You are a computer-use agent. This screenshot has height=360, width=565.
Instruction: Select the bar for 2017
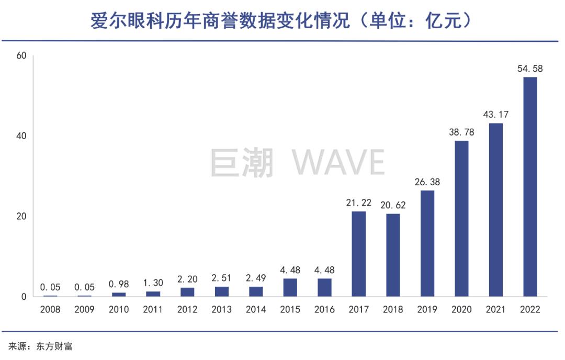pos(358,254)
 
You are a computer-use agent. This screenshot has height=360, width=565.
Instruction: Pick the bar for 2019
pos(427,243)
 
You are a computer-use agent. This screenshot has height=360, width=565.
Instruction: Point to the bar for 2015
pos(290,287)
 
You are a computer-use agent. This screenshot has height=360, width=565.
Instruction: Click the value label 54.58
pos(530,69)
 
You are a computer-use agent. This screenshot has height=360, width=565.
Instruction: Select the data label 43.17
pos(495,115)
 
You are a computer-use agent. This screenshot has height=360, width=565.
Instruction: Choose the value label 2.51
pos(221,278)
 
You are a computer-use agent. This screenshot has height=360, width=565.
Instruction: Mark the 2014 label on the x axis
pos(255,309)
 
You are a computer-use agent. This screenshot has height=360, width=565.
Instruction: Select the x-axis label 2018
pos(392,309)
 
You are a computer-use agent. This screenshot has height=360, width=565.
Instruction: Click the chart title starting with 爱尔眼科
pos(282,21)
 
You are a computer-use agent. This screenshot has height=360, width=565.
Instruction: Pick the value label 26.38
pos(427,182)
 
